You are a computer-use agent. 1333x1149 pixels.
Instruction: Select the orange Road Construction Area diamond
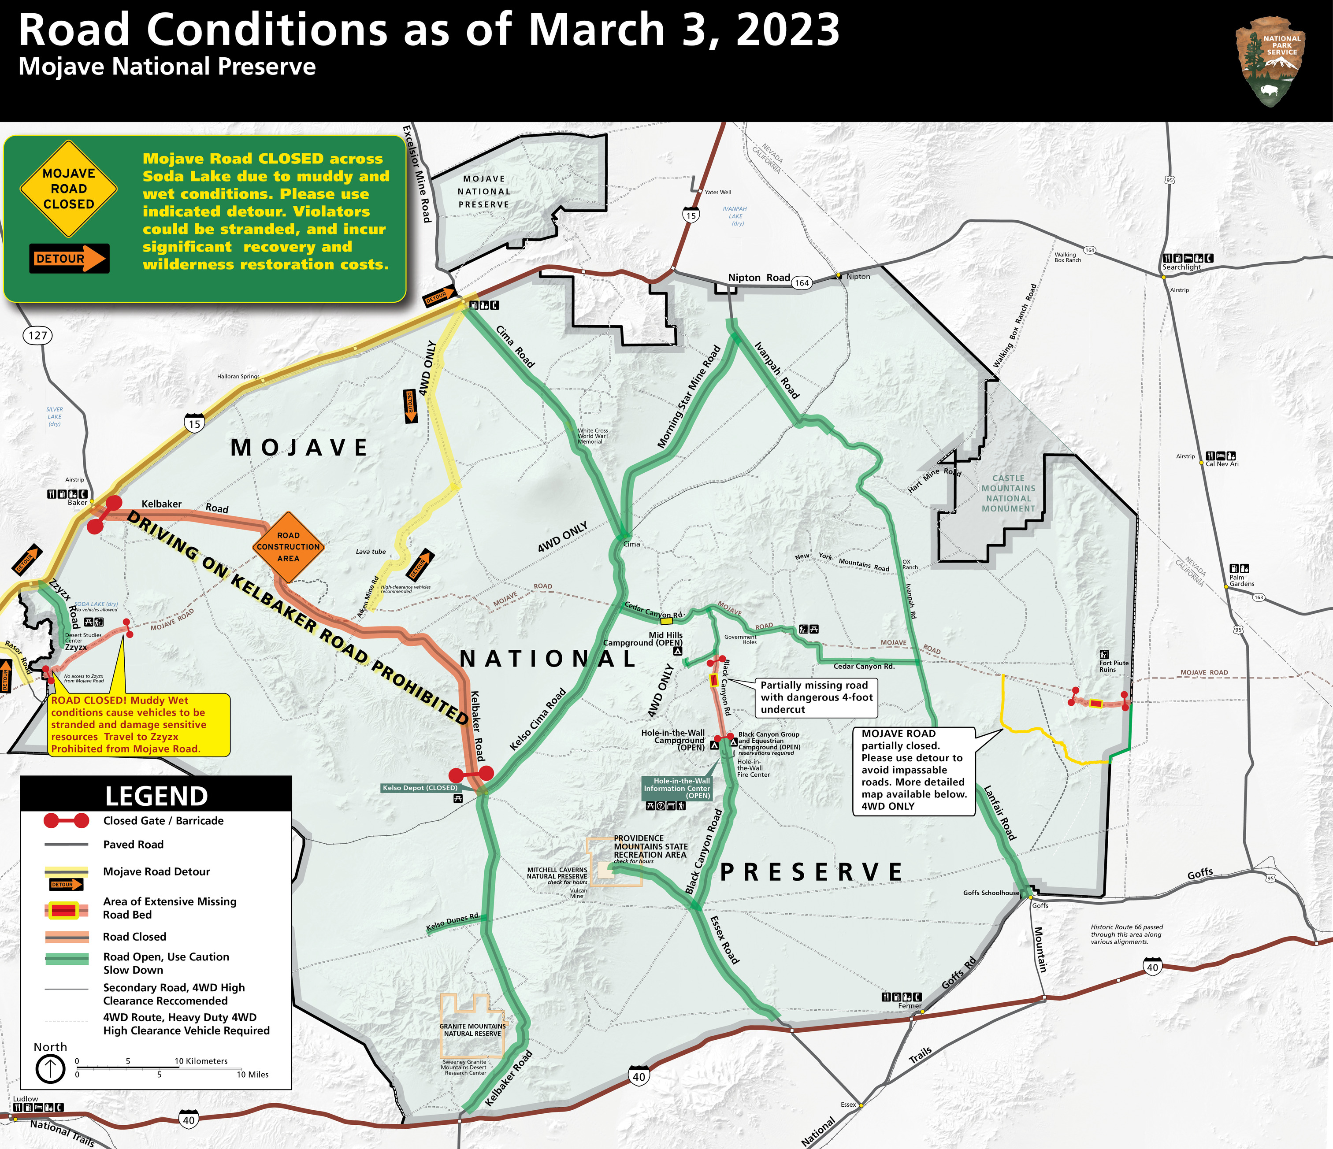point(288,547)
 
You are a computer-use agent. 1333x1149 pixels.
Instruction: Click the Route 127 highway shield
point(38,335)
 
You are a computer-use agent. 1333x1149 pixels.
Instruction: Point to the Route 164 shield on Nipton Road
point(802,282)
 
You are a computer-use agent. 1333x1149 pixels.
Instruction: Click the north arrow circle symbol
point(50,1069)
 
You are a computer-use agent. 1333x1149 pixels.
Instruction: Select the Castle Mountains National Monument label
point(1008,493)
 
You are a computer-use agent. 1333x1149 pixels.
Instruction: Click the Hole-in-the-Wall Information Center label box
point(677,788)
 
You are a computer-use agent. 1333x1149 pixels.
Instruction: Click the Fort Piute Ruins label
point(1114,666)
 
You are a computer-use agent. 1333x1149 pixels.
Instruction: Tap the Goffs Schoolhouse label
point(991,893)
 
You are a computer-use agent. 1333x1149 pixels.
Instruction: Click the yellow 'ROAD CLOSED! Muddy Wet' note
point(138,724)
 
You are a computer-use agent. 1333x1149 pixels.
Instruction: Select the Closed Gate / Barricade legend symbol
point(66,821)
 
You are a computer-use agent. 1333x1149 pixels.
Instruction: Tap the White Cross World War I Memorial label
point(593,436)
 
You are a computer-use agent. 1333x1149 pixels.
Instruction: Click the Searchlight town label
point(1181,267)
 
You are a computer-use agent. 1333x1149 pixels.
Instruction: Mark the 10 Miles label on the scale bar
point(252,1075)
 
